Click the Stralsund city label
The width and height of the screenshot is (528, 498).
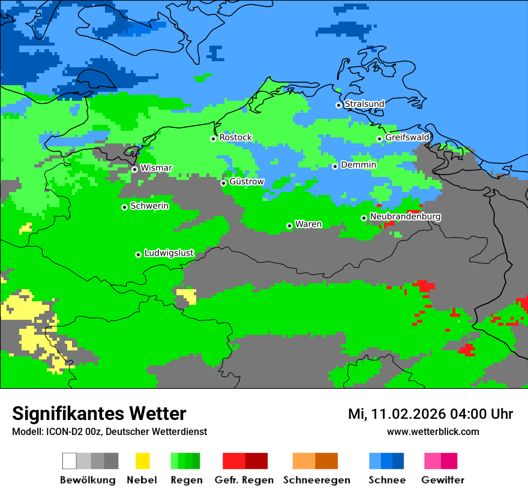coord(364,104)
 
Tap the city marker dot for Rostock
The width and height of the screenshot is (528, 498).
coord(213,139)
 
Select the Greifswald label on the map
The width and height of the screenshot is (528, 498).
coord(407,138)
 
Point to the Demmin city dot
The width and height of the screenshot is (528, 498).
coord(335,166)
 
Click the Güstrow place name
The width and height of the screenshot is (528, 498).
coord(246,182)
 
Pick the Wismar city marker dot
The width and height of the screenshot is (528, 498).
coord(134,169)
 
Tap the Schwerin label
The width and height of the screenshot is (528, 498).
coord(149,206)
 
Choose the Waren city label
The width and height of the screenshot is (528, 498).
coord(308,224)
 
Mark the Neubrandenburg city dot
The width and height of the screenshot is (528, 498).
coord(364,218)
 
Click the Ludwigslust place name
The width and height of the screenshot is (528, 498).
coord(169,253)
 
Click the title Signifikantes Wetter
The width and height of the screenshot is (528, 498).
coord(99,413)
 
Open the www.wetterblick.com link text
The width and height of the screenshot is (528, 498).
coord(433,431)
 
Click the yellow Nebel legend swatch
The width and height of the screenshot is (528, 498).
coord(142,461)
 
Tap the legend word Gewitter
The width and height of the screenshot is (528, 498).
coord(442,480)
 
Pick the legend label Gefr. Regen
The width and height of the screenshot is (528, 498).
coord(244,480)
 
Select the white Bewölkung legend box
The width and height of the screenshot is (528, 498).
coord(70,461)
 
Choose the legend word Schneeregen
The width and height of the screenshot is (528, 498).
coord(316,480)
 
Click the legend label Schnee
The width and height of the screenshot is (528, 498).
coord(386,480)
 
